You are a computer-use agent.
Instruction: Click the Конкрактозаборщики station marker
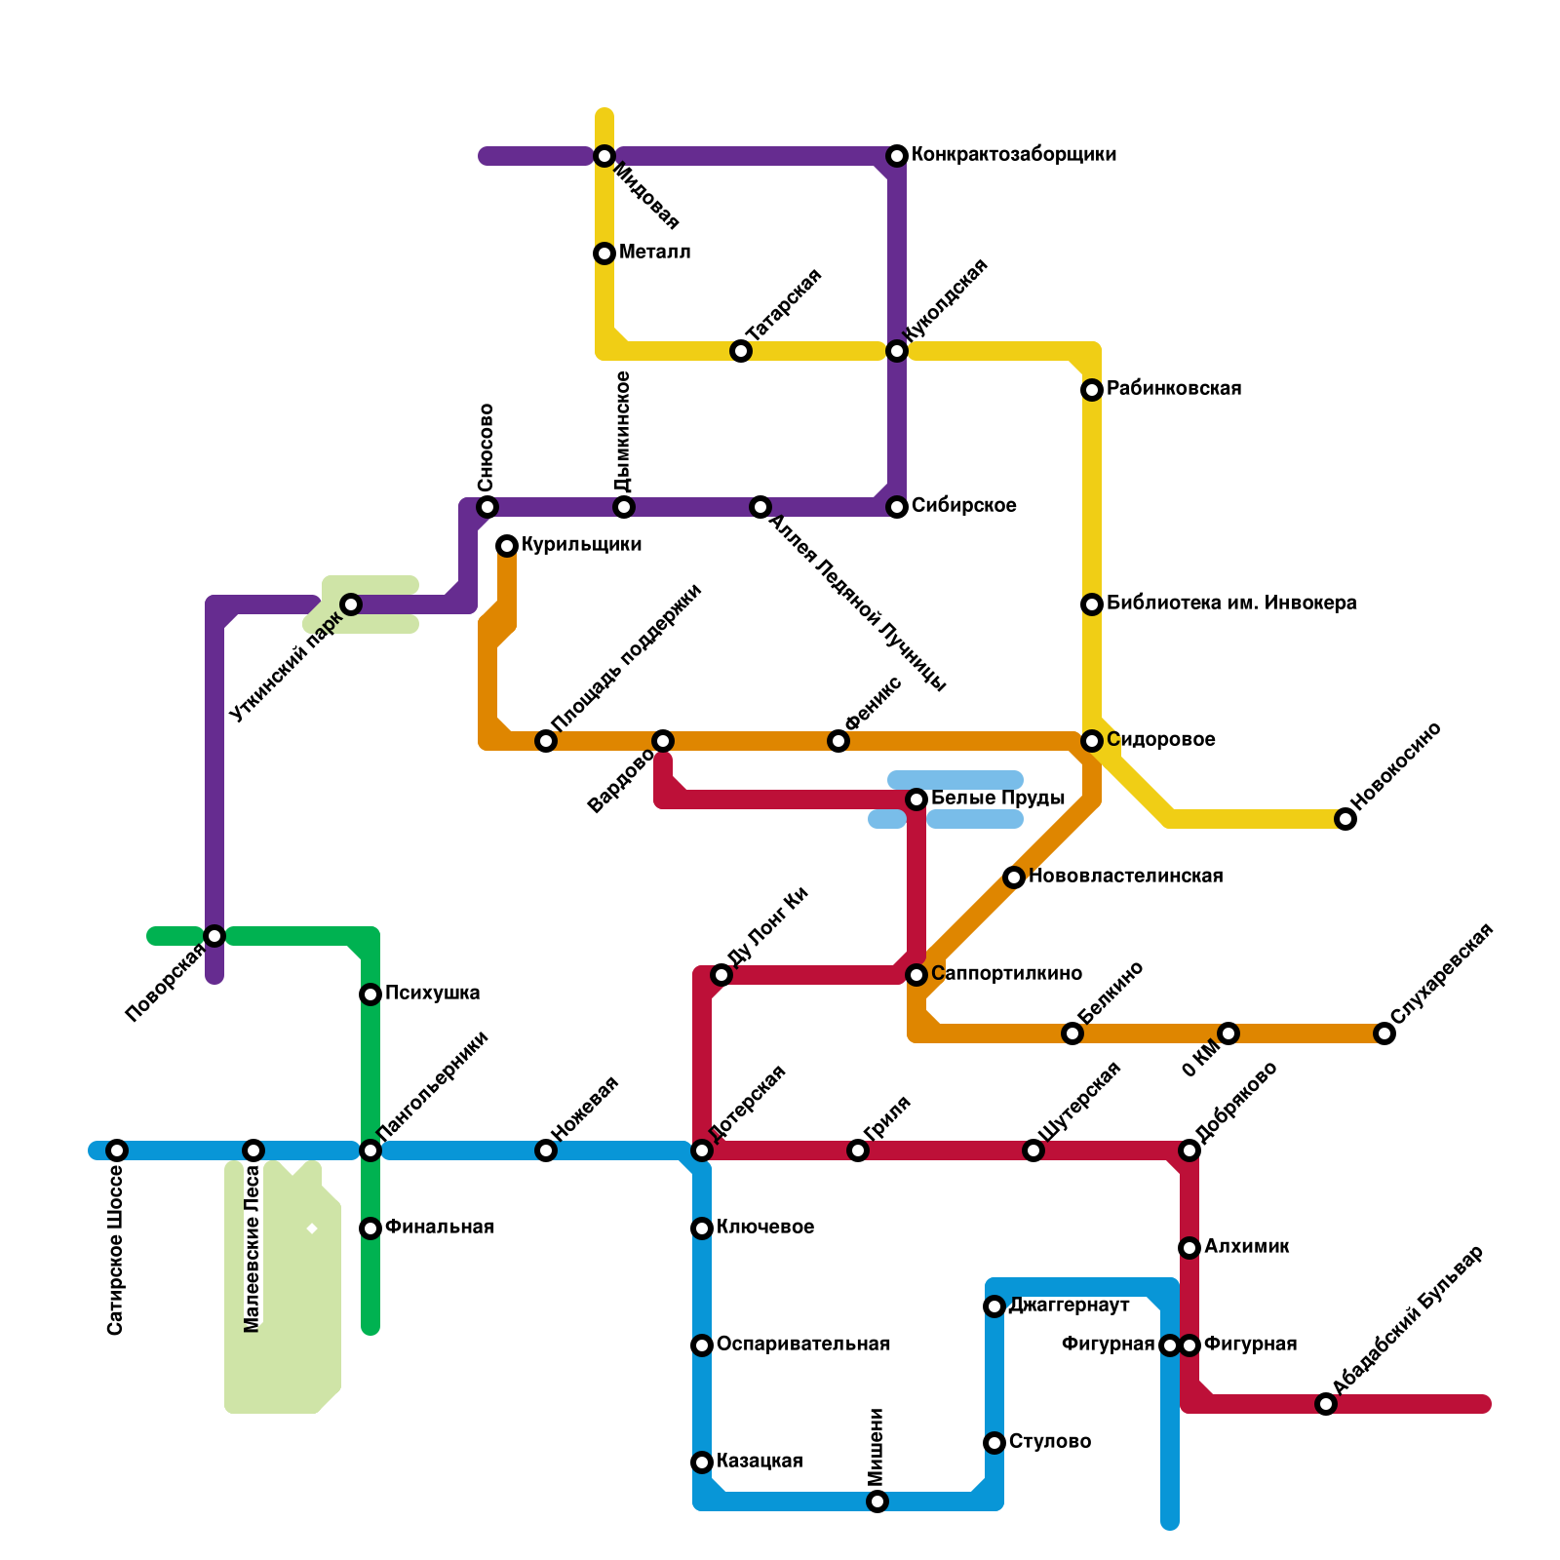(x=897, y=156)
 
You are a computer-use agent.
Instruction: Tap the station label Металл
(x=654, y=253)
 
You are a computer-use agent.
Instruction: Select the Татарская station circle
(x=741, y=351)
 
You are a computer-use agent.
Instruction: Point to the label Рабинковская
(x=1174, y=389)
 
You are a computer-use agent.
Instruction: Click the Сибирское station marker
(x=897, y=507)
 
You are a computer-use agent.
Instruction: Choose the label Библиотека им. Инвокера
(x=1231, y=604)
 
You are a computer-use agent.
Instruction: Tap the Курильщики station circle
(x=507, y=546)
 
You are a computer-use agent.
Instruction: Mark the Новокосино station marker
(x=1345, y=819)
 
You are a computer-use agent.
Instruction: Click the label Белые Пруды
(x=997, y=799)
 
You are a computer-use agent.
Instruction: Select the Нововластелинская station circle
(x=1014, y=877)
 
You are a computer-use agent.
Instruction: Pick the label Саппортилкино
(x=1006, y=974)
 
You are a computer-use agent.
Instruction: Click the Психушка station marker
(x=370, y=994)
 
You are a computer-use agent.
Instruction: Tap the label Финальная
(x=440, y=1228)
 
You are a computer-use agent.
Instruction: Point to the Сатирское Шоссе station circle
(x=117, y=1150)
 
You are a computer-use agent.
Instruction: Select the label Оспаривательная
(x=803, y=1345)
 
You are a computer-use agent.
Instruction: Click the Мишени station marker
(x=877, y=1501)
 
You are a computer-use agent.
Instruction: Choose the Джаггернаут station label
(x=1070, y=1306)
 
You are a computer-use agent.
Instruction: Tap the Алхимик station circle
(x=1189, y=1248)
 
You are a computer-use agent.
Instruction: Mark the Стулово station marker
(x=994, y=1443)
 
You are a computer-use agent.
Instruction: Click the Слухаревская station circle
(x=1384, y=1033)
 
